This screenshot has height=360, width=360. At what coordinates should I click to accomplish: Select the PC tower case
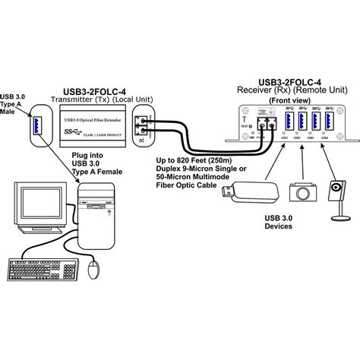click(93, 220)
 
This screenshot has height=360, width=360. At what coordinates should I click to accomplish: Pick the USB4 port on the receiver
click(329, 122)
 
